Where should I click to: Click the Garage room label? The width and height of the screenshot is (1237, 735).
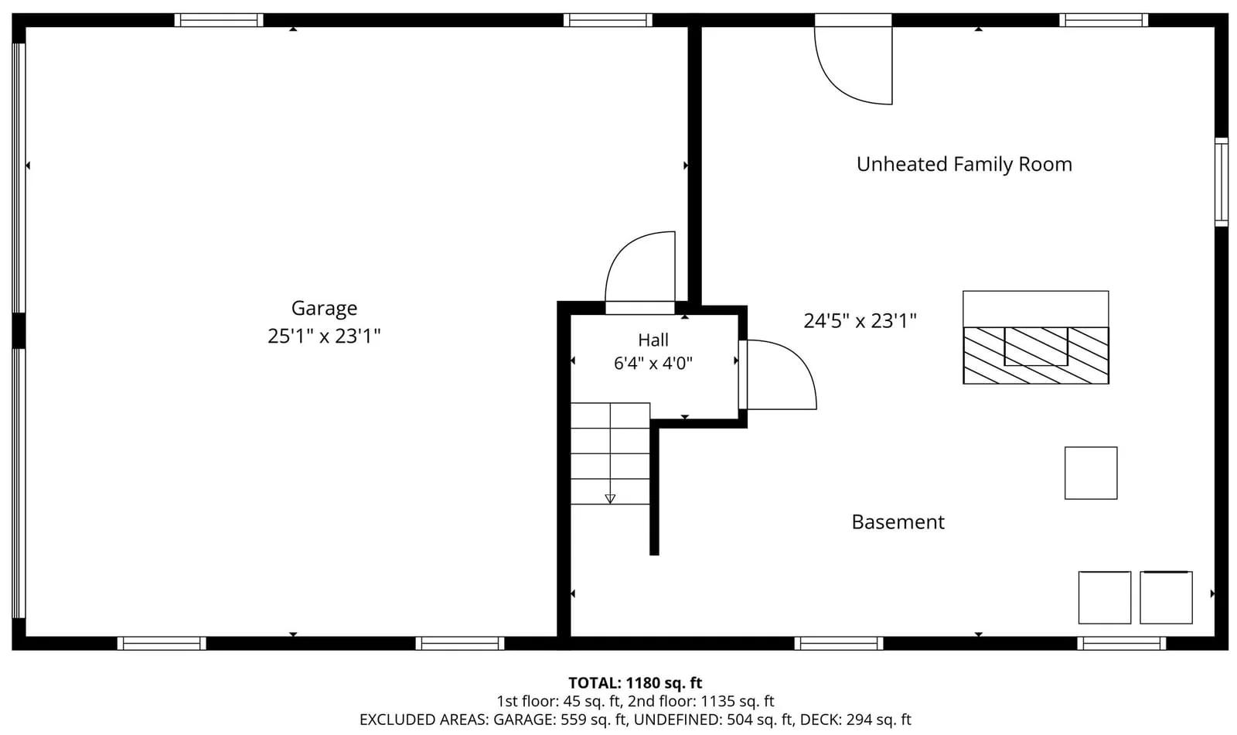324,309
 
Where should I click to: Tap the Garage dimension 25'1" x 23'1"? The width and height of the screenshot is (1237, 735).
324,336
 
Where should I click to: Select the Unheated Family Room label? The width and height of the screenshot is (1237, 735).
964,164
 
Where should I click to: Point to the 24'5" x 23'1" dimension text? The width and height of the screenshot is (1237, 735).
860,320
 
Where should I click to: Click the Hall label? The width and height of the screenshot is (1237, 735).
653,340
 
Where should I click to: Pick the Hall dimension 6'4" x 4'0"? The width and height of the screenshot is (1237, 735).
653,363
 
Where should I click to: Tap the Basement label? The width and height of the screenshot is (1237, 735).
898,522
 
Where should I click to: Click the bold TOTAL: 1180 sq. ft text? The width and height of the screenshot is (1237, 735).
635,683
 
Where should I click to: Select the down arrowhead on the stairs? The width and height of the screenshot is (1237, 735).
610,499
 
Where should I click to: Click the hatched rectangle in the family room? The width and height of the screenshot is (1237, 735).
1036,355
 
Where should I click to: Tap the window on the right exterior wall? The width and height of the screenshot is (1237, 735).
1221,182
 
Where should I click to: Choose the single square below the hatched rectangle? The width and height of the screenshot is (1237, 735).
1091,473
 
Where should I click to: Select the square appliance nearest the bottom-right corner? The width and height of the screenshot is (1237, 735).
1166,597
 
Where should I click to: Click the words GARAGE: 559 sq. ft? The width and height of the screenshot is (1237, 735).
561,720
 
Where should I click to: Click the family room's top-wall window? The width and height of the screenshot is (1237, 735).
1104,20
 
